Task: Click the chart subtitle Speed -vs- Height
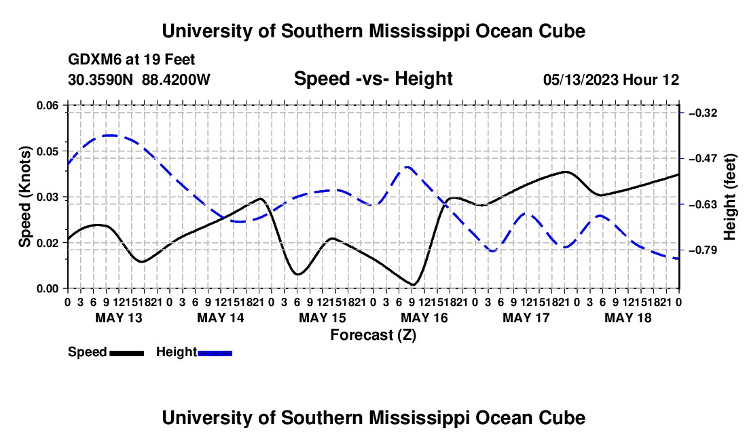click(x=373, y=79)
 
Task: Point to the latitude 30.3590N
click(x=101, y=79)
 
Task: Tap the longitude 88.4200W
click(x=176, y=79)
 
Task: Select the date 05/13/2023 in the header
click(x=580, y=79)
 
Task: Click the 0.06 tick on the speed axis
click(x=48, y=105)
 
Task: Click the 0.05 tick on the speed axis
click(x=48, y=151)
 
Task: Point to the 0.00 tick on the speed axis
click(x=48, y=288)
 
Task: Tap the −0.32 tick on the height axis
click(x=703, y=113)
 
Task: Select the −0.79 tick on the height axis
click(x=703, y=250)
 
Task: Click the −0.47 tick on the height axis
click(x=703, y=158)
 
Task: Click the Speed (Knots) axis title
click(x=24, y=197)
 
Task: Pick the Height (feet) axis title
click(x=730, y=197)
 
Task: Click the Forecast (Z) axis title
click(x=373, y=335)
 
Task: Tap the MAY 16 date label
click(x=424, y=318)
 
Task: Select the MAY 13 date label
click(x=119, y=318)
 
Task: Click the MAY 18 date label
click(x=628, y=318)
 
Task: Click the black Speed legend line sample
click(x=127, y=353)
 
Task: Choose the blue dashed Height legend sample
click(x=215, y=353)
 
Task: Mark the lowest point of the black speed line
click(x=413, y=284)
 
